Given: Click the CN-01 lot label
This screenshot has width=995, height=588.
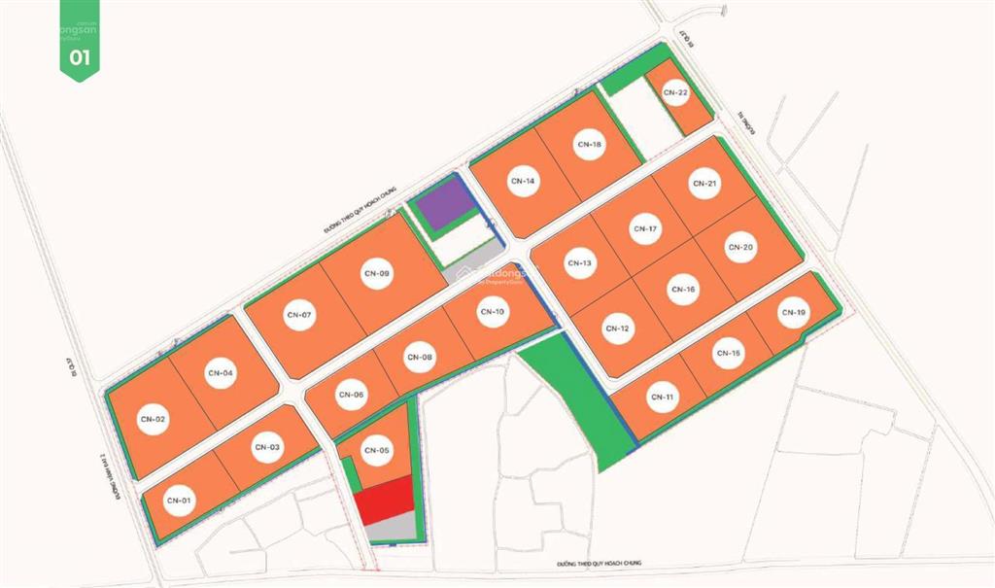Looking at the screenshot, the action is (x=176, y=501).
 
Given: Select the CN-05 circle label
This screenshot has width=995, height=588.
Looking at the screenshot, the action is (x=376, y=450).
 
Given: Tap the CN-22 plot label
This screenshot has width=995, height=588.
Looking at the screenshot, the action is (x=676, y=92).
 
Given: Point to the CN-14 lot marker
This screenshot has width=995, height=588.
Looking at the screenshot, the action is (x=523, y=182).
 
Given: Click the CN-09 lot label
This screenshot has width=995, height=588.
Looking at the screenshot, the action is (x=377, y=274).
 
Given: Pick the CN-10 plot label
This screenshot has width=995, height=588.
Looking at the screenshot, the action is (x=492, y=312).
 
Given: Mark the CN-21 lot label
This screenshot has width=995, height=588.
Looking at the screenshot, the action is (x=704, y=183).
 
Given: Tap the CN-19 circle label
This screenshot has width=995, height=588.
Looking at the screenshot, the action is (x=793, y=313).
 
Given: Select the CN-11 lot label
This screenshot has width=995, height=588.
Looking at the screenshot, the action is (x=663, y=398).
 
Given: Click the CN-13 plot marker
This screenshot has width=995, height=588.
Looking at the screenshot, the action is (x=579, y=263).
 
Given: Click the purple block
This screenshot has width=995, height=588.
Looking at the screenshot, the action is (x=440, y=206).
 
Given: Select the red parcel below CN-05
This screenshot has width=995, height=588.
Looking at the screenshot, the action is (x=383, y=502).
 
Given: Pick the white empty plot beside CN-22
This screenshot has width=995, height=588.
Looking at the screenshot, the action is (x=640, y=119).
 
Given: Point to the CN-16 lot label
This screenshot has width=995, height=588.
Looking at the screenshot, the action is (x=683, y=289).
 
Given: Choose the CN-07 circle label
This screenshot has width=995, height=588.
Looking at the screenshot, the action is (x=299, y=315).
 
